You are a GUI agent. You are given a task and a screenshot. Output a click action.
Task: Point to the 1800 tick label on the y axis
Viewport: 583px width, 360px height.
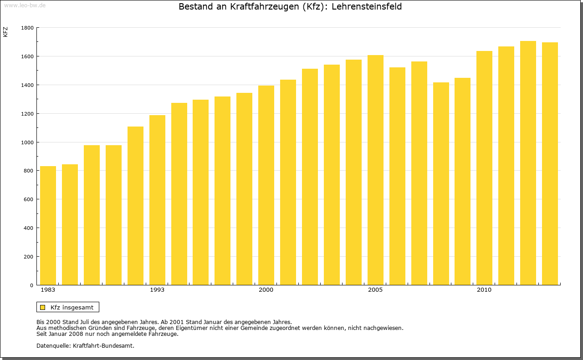(x=27, y=28)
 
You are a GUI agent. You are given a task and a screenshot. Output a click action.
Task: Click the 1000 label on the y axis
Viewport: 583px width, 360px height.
(x=27, y=142)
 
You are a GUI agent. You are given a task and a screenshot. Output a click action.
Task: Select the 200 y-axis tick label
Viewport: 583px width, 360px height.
(x=29, y=257)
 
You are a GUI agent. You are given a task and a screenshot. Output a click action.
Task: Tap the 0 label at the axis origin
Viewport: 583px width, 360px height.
(x=31, y=285)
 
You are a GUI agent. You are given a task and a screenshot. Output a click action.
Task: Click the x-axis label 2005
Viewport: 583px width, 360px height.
(x=375, y=290)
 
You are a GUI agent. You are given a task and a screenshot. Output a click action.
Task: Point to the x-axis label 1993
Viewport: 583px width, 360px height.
(x=157, y=290)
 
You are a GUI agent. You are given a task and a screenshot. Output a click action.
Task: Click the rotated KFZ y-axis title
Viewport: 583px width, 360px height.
(x=5, y=32)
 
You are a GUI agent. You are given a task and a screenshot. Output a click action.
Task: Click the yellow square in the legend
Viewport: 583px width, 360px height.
(x=42, y=307)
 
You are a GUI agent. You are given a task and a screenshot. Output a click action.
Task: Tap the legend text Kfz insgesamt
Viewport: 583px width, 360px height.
(x=72, y=307)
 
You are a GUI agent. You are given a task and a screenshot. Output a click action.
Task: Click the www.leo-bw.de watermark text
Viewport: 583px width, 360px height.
(x=25, y=5)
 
